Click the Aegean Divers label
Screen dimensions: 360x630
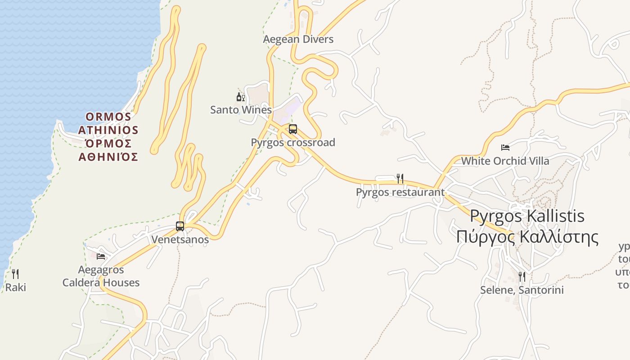(298, 39)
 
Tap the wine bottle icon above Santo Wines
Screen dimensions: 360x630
(241, 97)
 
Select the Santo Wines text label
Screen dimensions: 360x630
(241, 110)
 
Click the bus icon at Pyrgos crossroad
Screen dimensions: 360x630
(293, 129)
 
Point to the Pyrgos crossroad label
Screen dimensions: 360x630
(293, 143)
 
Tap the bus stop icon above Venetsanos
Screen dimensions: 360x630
(180, 226)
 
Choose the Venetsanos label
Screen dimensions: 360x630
(180, 239)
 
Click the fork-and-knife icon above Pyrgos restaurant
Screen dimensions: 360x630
(400, 179)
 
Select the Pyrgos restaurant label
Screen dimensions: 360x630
(400, 192)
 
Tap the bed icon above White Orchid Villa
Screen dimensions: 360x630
(505, 148)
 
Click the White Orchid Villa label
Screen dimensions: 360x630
(505, 161)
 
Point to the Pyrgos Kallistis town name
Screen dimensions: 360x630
(527, 216)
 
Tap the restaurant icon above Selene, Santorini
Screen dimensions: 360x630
(522, 276)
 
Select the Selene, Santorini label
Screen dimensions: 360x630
(522, 290)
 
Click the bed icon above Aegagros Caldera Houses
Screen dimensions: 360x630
(101, 256)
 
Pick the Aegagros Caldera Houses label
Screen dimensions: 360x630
(101, 276)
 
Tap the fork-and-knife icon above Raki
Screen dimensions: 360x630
(15, 274)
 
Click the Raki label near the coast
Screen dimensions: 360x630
(16, 287)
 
